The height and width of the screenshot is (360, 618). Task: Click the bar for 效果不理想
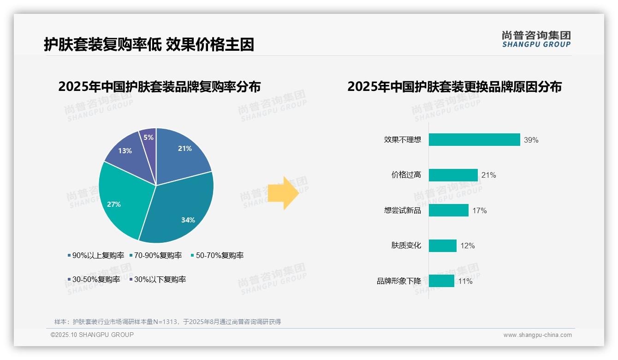[474, 140]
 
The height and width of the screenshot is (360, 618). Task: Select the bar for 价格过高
[453, 175]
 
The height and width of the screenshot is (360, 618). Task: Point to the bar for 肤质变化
[442, 246]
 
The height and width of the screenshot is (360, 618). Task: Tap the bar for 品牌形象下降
[441, 281]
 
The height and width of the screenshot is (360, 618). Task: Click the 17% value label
[479, 211]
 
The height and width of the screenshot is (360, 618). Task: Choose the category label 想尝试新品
[402, 210]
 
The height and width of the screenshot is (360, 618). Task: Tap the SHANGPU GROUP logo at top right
[536, 39]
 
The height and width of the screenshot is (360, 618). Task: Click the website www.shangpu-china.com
[537, 335]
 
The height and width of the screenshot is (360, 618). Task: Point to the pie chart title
[159, 87]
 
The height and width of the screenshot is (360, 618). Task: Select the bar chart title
[454, 87]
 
